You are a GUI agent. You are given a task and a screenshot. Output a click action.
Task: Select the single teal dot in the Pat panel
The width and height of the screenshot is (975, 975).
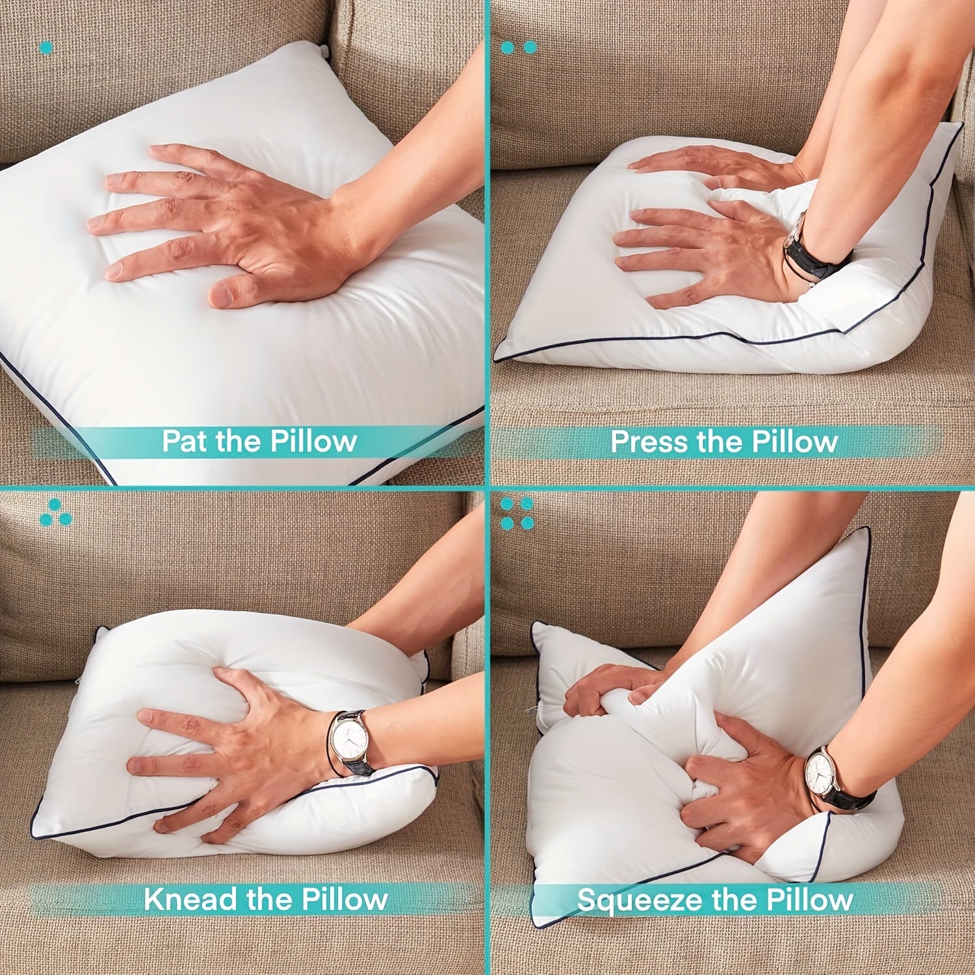pyautogui.click(x=46, y=47)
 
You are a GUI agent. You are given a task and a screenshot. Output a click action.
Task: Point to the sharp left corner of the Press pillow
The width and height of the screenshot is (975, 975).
pyautogui.click(x=495, y=359)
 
